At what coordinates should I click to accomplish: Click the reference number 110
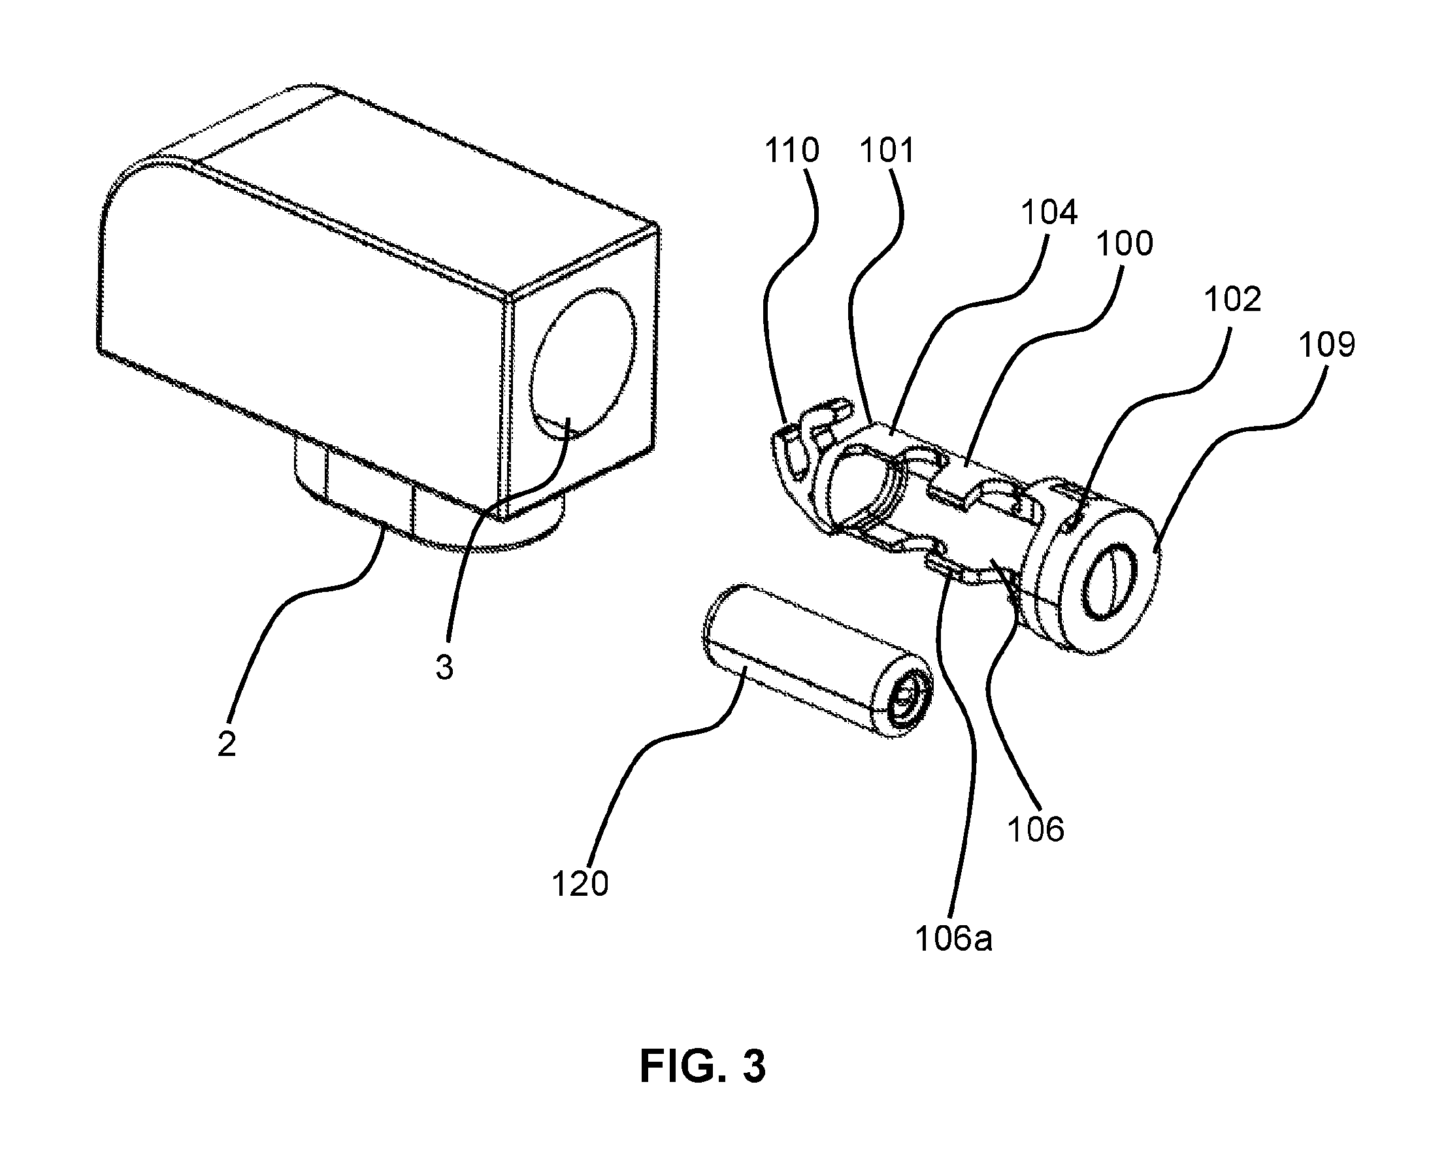point(792,151)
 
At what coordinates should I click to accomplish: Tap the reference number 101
point(887,151)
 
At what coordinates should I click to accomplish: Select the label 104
point(1049,212)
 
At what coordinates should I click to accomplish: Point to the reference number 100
point(1125,243)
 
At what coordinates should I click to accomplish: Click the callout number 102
point(1233,299)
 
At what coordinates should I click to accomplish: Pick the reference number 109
point(1327,345)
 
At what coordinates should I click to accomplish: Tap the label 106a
point(953,940)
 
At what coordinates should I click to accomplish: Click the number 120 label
point(580,884)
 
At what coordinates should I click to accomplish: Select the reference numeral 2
point(227,744)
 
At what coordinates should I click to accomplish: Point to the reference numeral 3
point(444,667)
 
